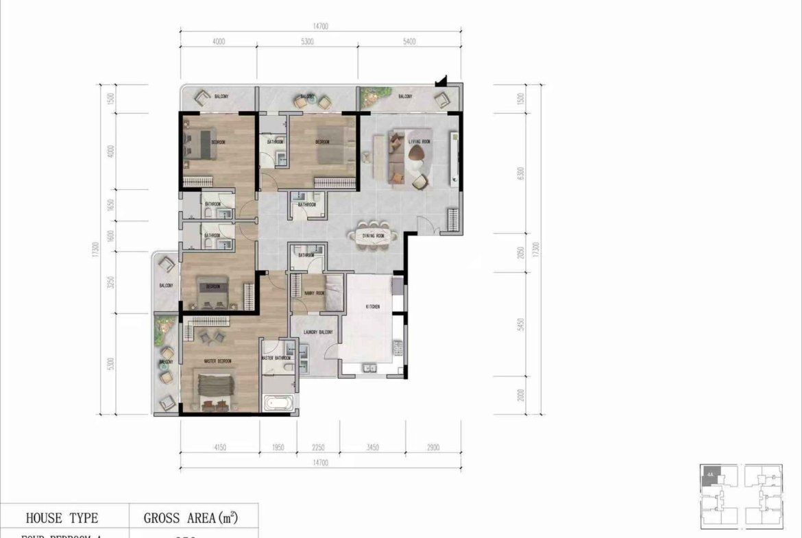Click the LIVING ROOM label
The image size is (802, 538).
coord(419,142)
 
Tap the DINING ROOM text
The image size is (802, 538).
coord(374,236)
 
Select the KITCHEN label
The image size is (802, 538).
coord(372,307)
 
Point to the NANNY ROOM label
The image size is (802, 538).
coord(305,293)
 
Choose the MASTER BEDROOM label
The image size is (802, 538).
coord(217,360)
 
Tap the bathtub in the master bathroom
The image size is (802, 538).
coord(278,402)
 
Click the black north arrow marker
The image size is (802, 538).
coord(443,81)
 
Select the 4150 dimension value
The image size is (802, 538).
coord(219,448)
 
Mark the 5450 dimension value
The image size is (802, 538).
coord(522,323)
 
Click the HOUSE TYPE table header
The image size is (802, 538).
coord(62,518)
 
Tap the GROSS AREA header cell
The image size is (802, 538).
coord(191,518)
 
